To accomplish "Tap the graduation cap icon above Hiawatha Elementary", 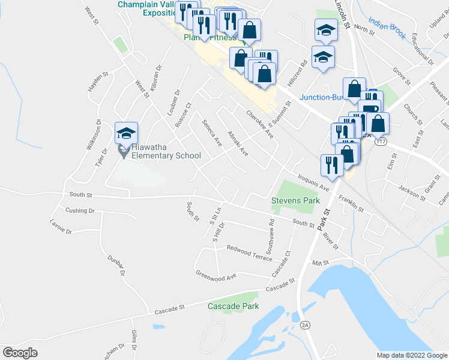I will click(x=127, y=133).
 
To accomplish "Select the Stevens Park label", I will click(x=295, y=200).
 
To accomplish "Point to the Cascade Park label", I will click(x=234, y=306).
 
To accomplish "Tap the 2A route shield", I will click(x=305, y=325).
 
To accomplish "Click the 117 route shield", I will click(x=380, y=142).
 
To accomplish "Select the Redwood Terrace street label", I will click(x=249, y=252).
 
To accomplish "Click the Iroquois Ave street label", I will click(x=314, y=182).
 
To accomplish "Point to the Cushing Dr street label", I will click(x=80, y=211).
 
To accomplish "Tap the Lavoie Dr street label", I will click(x=61, y=227).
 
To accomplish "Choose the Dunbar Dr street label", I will click(x=116, y=264).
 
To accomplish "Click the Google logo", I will click(x=20, y=353).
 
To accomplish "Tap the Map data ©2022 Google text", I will click(x=411, y=355).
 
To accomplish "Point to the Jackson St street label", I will click(x=411, y=191).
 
